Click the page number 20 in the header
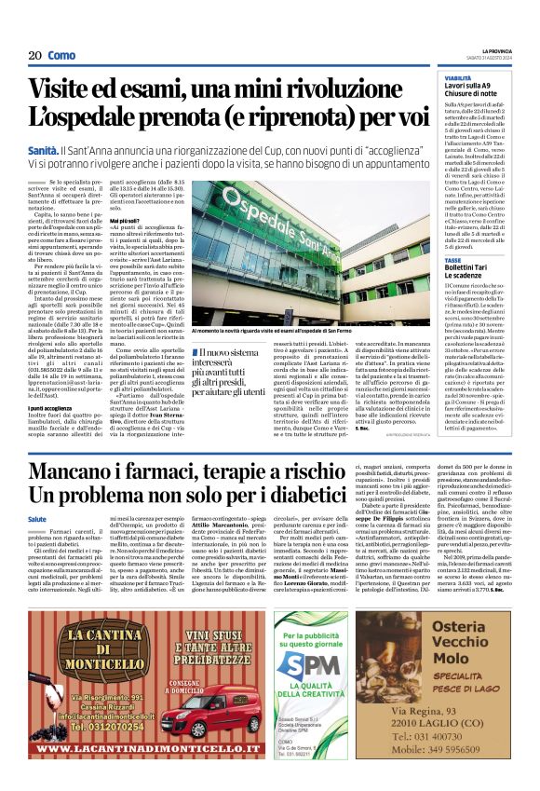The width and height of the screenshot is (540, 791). click(35, 55)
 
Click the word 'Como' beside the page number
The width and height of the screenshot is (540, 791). click(61, 55)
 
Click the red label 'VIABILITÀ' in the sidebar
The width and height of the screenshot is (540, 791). click(457, 78)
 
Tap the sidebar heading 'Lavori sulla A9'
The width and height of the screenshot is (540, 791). click(474, 87)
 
